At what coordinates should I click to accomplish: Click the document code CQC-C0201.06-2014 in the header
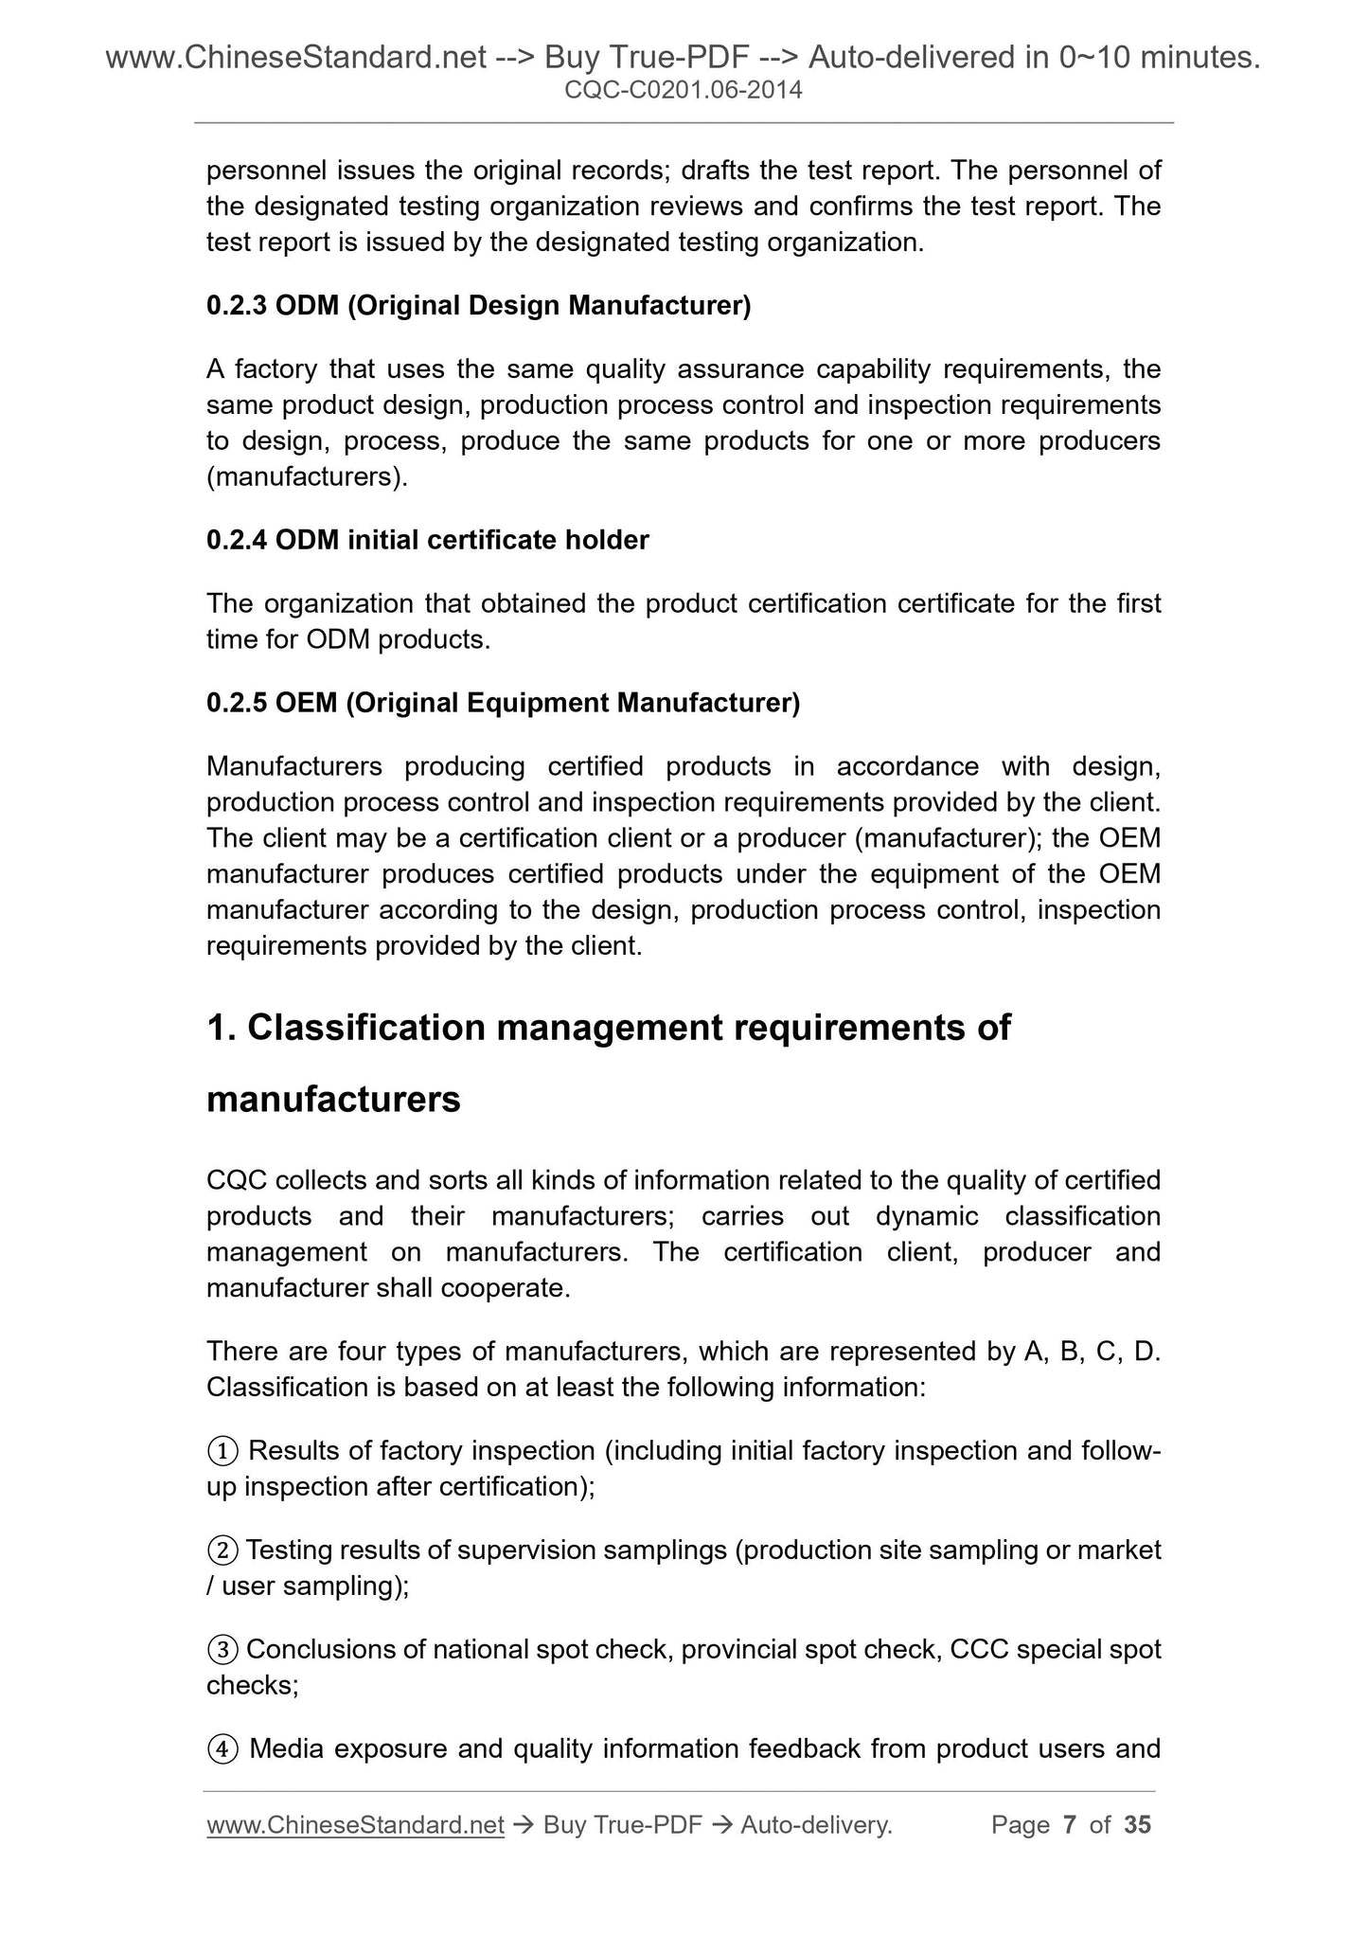click(683, 91)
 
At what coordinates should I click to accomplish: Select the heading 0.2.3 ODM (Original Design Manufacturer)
click(478, 306)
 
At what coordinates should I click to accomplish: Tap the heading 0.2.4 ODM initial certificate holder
click(427, 540)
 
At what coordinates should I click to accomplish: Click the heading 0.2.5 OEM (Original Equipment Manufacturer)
click(503, 703)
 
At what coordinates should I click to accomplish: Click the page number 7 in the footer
click(1070, 1824)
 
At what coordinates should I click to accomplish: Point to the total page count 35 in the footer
click(1137, 1824)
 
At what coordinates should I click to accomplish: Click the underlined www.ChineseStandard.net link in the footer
click(355, 1824)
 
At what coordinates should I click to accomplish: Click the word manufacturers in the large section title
click(333, 1100)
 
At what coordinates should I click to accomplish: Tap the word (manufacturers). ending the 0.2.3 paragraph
click(307, 476)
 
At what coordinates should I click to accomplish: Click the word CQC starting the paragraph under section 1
click(231, 1180)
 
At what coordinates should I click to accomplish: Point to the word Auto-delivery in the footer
click(815, 1824)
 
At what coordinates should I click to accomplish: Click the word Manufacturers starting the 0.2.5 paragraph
click(294, 765)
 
